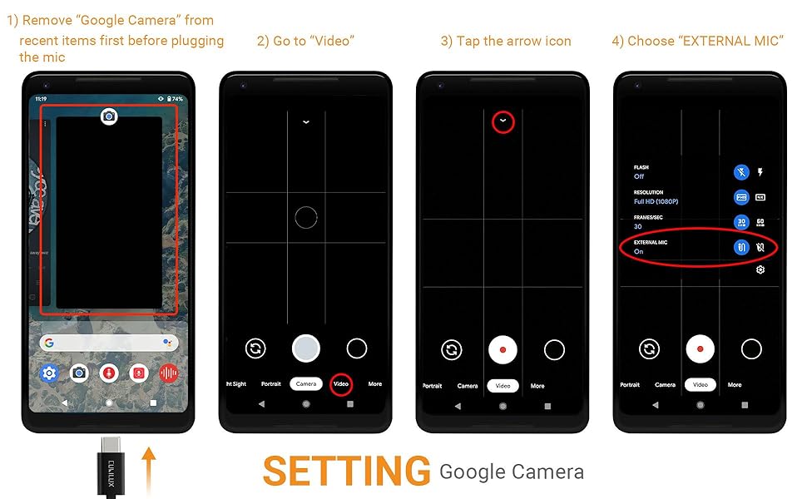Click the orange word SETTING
pos(346,472)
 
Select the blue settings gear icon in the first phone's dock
pos(49,373)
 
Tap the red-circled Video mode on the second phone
pos(341,384)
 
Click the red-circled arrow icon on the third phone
pos(503,121)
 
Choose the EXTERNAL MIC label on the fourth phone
pos(651,242)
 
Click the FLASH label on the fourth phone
pos(641,167)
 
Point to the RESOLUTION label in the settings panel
pos(649,192)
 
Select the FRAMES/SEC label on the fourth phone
pos(648,217)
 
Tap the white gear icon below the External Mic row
pos(760,269)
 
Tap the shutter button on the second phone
pos(306,348)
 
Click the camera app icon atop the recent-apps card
pos(108,116)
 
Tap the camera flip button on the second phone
pos(255,348)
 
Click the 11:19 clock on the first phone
pos(40,99)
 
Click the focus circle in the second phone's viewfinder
pos(306,218)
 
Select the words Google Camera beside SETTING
pos(511,472)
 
